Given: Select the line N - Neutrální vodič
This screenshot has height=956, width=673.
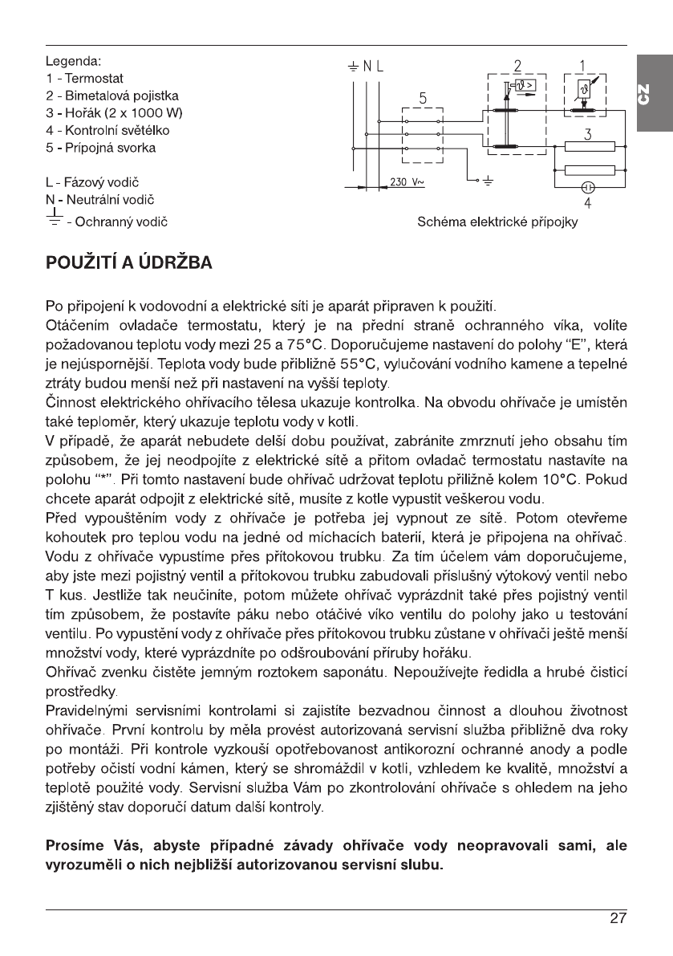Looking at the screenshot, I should coord(101,200).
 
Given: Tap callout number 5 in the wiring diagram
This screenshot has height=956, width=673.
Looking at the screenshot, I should coord(423,97).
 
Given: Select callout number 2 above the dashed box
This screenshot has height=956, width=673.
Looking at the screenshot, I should coord(517,66).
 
